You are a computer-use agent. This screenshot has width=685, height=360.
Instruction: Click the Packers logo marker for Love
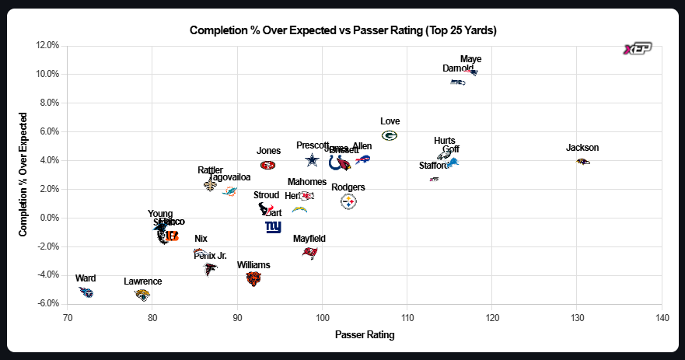pyautogui.click(x=390, y=135)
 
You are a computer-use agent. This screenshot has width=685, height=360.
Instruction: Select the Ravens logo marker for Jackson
pyautogui.click(x=582, y=161)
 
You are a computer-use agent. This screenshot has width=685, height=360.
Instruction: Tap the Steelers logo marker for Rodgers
pyautogui.click(x=348, y=201)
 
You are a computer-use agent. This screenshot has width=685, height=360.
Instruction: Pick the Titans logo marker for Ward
pyautogui.click(x=86, y=292)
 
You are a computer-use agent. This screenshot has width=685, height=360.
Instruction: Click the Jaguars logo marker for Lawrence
pyautogui.click(x=142, y=295)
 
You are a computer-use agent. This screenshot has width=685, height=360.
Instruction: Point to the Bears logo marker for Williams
pyautogui.click(x=253, y=278)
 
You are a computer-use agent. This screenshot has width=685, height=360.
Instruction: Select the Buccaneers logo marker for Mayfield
pyautogui.click(x=309, y=253)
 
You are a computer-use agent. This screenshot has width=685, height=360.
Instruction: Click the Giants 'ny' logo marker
pyautogui.click(x=273, y=227)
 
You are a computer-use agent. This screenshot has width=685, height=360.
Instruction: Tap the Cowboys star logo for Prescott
pyautogui.click(x=312, y=160)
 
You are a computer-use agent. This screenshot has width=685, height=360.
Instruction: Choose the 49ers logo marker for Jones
pyautogui.click(x=267, y=165)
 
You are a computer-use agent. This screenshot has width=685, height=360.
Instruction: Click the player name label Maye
pyautogui.click(x=470, y=59)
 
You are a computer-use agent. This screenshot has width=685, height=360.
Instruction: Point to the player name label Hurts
pyautogui.click(x=445, y=141)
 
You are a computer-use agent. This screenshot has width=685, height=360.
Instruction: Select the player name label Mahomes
pyautogui.click(x=307, y=182)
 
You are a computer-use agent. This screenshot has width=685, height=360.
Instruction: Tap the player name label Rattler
pyautogui.click(x=210, y=170)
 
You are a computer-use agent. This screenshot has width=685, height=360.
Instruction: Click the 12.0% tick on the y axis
pyautogui.click(x=49, y=45)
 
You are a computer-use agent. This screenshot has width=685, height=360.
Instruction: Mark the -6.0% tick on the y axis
pyautogui.click(x=49, y=303)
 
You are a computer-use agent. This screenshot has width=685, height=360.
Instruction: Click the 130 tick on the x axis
pyautogui.click(x=576, y=318)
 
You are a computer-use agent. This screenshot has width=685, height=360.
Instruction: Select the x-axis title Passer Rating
pyautogui.click(x=364, y=335)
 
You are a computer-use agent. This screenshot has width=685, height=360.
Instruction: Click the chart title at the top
pyautogui.click(x=343, y=30)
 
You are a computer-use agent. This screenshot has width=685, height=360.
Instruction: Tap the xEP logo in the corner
pyautogui.click(x=638, y=49)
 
